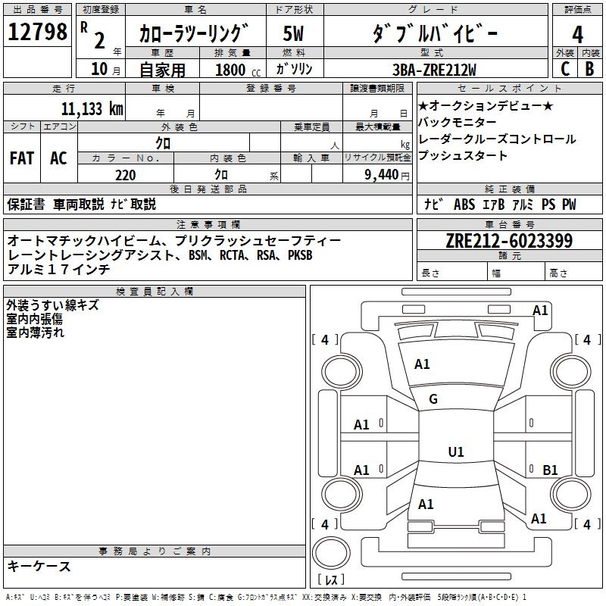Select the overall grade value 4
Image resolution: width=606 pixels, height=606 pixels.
[577, 34]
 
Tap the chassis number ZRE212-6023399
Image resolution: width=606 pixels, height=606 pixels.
[508, 241]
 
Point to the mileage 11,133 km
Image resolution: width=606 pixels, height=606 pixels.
[92, 108]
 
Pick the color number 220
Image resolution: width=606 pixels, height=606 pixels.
[125, 175]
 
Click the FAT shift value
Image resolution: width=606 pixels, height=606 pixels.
[21, 158]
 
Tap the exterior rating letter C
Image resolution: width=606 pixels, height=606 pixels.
[564, 69]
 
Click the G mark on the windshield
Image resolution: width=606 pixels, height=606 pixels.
[433, 399]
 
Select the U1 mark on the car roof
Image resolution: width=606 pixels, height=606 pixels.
[456, 452]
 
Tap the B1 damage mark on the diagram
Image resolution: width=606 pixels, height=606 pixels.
[551, 470]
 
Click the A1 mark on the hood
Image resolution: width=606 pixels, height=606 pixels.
[422, 364]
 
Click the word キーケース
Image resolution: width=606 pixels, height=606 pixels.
[39, 566]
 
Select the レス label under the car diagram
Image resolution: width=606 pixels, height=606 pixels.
[332, 580]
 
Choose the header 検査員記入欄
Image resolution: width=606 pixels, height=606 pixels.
[155, 291]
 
